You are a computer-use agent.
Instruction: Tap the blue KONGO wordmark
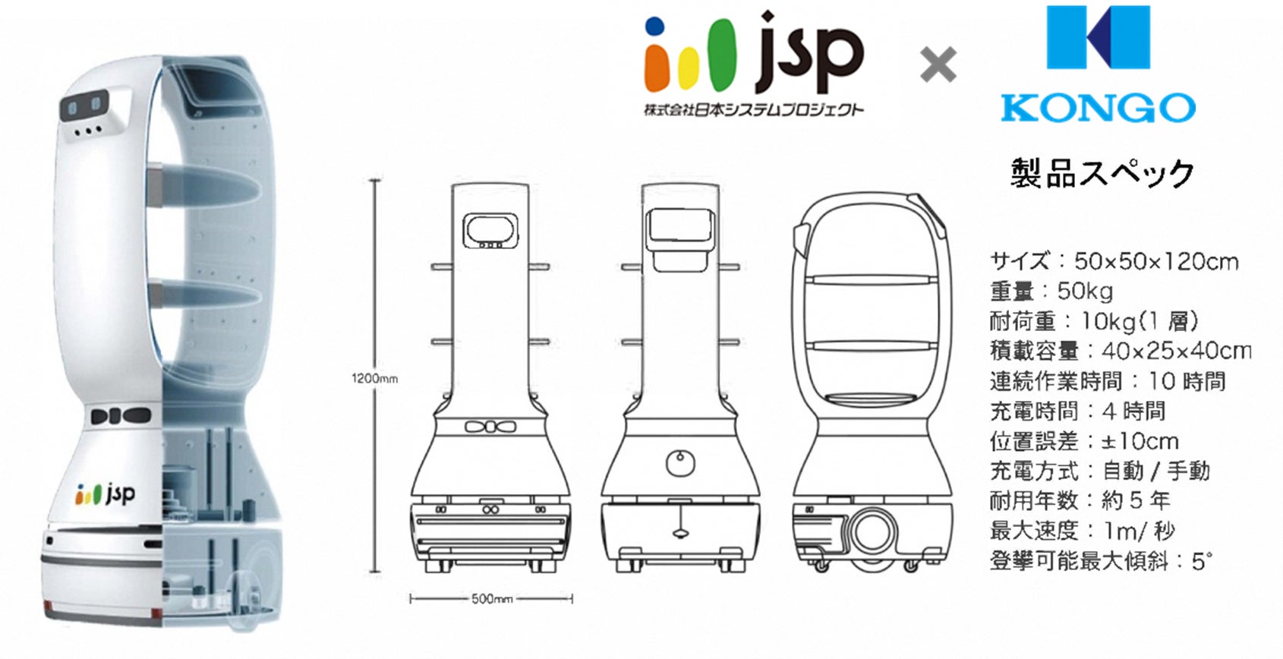point(1098,108)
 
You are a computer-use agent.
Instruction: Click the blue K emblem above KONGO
point(1098,37)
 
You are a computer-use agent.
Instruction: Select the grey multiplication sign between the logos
point(938,65)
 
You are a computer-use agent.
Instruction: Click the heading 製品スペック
point(1102,172)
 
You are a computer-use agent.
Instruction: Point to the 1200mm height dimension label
point(374,379)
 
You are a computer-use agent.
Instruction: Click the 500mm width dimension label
point(492,599)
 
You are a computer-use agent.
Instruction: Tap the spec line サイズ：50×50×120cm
point(1114,262)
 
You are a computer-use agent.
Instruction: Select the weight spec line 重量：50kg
point(1051,292)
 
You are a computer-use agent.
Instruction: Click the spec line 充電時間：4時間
point(1077,411)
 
